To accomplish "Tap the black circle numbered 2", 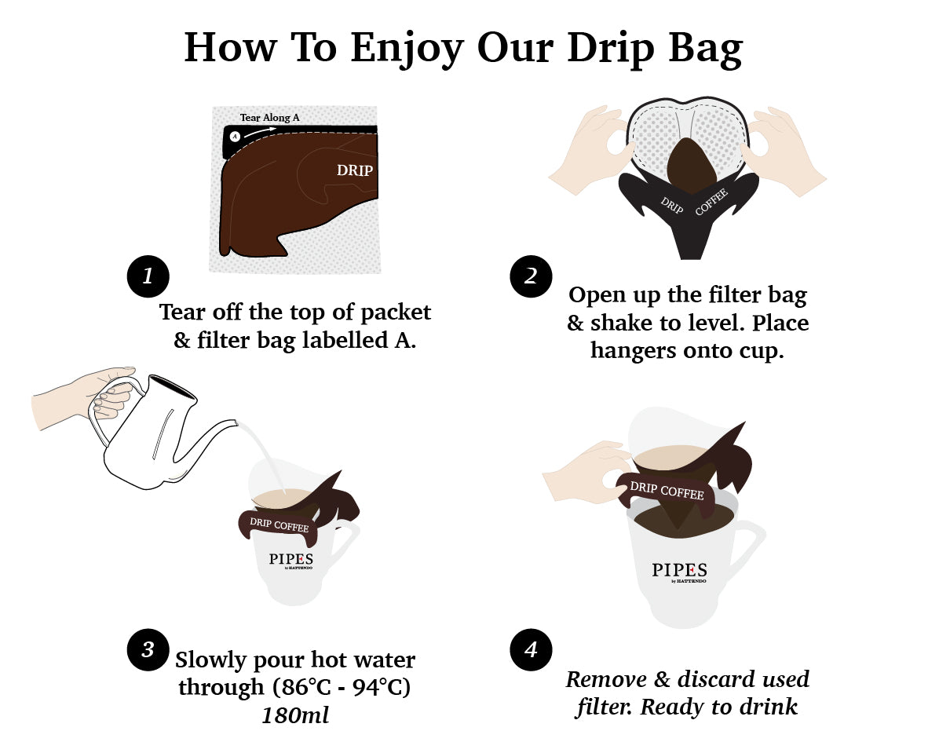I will pos(530,276).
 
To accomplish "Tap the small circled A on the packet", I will pos(235,136).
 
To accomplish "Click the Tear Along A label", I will pos(269,118).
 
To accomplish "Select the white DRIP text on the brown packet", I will pos(354,170).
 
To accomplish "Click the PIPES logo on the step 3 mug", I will pos(290,560).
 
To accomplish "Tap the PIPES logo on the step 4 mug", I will pos(679,571).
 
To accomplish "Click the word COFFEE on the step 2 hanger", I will pos(711,202).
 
